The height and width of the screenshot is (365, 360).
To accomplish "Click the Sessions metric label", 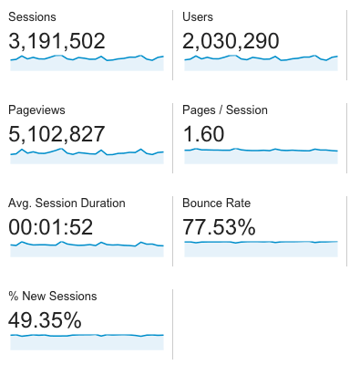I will [31, 17].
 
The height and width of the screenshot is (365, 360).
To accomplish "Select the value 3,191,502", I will [57, 41].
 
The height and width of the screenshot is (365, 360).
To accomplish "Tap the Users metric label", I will [198, 17].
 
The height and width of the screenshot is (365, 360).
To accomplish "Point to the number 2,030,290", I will [231, 41].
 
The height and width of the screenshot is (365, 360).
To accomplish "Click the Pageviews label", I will [35, 110].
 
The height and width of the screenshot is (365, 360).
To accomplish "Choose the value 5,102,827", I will [57, 134].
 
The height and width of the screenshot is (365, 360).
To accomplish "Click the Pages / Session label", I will [225, 110].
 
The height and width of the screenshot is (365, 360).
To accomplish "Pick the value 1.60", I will [205, 134].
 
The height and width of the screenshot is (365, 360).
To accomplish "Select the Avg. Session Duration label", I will [67, 203].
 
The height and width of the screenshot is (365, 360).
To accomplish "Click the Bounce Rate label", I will [216, 203].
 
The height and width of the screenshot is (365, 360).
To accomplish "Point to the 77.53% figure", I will [220, 226].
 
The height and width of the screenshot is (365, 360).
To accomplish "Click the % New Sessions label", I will [52, 296].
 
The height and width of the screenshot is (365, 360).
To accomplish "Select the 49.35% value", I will [45, 319].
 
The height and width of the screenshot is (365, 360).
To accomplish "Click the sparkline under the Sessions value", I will [87, 63].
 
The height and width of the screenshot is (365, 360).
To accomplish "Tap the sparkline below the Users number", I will [261, 63].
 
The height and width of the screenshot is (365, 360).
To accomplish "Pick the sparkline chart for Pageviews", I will [87, 156].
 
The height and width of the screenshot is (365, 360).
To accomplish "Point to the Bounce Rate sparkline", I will [261, 248].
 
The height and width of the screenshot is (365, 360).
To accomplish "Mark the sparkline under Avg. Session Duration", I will [87, 249].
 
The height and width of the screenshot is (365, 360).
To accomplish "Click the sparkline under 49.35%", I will [87, 341].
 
